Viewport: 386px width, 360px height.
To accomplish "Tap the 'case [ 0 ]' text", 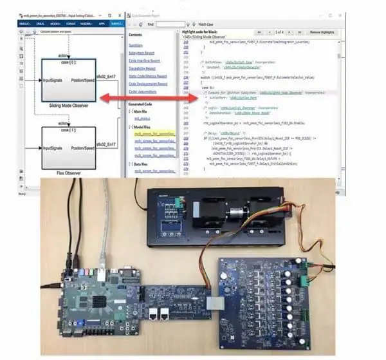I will (x=69, y=66).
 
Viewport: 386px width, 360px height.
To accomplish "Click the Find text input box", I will (x=170, y=24).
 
